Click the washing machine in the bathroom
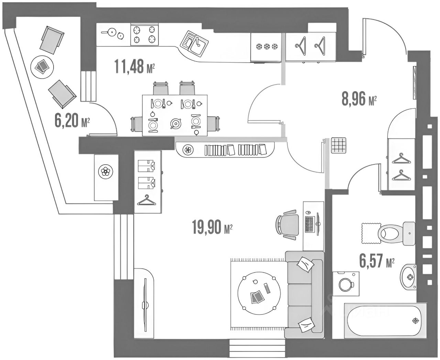pyautogui.click(x=346, y=284)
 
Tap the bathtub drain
pyautogui.click(x=416, y=321)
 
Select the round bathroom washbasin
pyautogui.click(x=409, y=277)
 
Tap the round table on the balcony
pyautogui.click(x=42, y=66)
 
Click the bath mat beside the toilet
pyautogui.click(x=370, y=232)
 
